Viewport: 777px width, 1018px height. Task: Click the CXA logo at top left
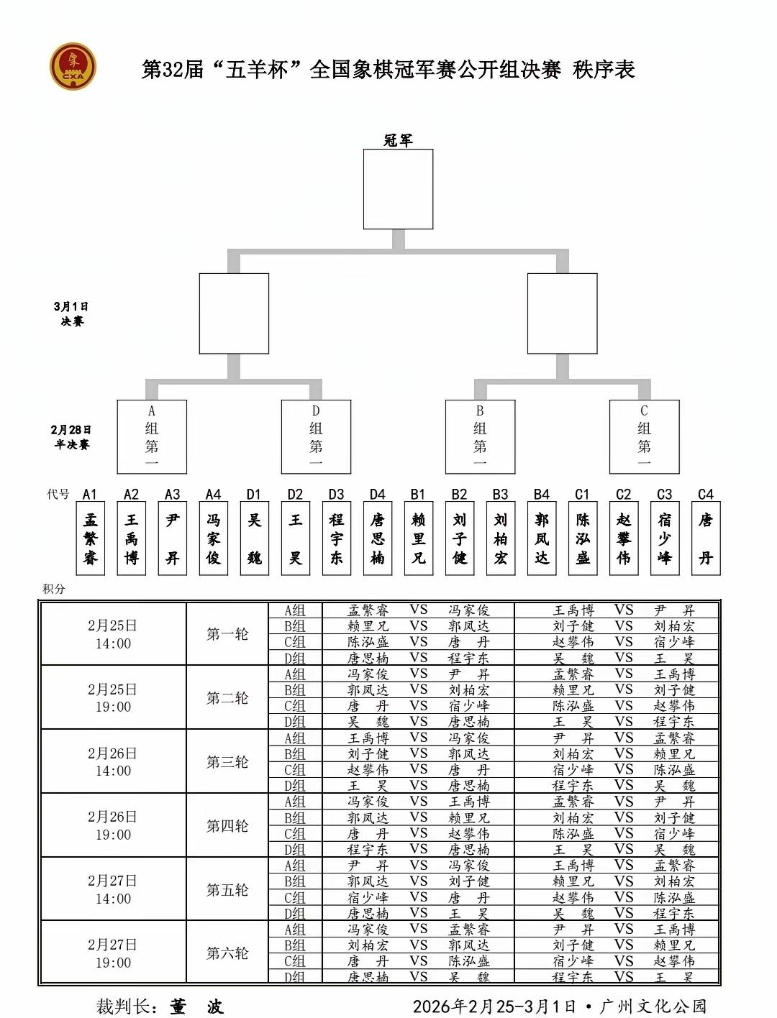(x=73, y=67)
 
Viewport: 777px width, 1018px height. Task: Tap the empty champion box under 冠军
(x=398, y=189)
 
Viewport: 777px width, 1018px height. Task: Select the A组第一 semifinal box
(x=152, y=436)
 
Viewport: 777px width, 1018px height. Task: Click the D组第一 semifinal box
(x=316, y=436)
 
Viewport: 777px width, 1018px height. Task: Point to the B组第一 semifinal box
(x=480, y=436)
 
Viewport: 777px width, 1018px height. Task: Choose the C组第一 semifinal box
(x=644, y=436)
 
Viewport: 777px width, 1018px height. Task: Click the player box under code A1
(x=90, y=538)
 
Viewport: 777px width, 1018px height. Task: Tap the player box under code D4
(x=378, y=538)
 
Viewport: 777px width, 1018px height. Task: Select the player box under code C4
(x=706, y=538)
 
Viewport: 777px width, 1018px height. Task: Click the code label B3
(x=501, y=495)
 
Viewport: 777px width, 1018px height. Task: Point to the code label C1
(x=583, y=495)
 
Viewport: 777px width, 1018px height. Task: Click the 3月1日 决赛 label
(x=71, y=314)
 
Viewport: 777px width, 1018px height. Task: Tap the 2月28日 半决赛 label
(x=71, y=437)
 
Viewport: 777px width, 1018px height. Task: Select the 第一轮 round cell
(x=227, y=634)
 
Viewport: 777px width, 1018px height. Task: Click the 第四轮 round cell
(x=227, y=826)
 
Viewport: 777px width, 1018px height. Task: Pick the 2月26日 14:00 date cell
(x=113, y=762)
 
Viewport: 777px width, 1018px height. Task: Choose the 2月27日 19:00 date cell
(x=113, y=953)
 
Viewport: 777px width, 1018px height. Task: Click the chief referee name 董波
(x=196, y=1006)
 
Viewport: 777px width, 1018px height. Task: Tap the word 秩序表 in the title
(x=604, y=70)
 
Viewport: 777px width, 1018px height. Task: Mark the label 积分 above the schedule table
(x=53, y=589)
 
